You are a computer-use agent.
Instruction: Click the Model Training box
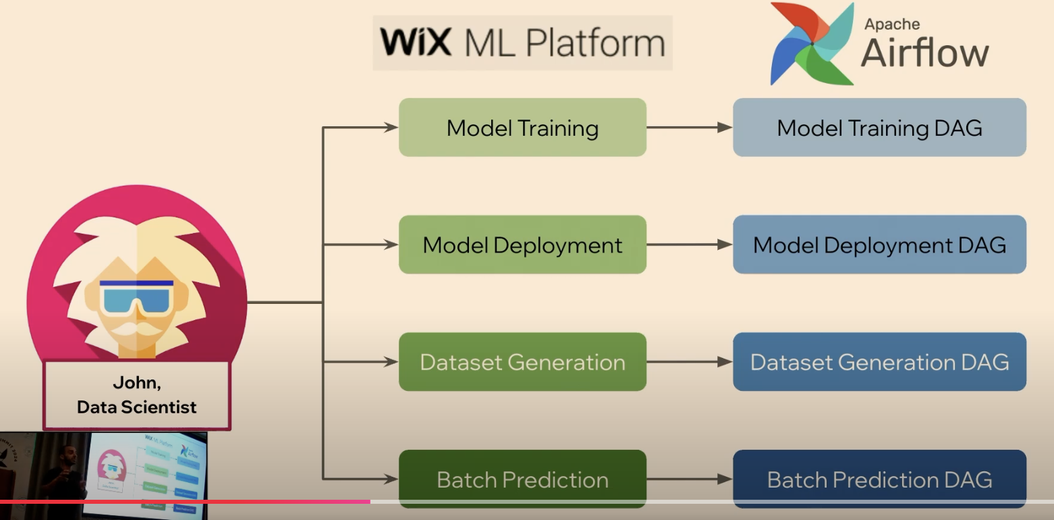(522, 128)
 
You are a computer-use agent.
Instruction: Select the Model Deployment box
(522, 244)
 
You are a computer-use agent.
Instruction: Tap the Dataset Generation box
(522, 362)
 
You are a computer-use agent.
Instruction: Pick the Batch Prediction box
(522, 479)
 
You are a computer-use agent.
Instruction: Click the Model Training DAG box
(879, 128)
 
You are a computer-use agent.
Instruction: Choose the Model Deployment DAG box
(879, 244)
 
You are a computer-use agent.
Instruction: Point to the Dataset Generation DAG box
(879, 362)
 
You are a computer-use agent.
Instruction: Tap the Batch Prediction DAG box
(879, 479)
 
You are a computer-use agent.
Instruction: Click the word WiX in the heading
(415, 42)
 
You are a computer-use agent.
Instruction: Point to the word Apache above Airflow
(892, 24)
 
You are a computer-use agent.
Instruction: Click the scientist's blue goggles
(136, 298)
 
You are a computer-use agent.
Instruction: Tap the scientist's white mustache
(137, 330)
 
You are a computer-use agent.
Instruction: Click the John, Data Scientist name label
(137, 395)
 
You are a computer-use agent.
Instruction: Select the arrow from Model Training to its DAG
(689, 128)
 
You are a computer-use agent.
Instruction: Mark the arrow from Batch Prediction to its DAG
(689, 479)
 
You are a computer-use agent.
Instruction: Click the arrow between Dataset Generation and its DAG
(689, 362)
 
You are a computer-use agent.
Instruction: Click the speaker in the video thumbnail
(64, 473)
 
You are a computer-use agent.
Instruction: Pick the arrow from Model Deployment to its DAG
(689, 244)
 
